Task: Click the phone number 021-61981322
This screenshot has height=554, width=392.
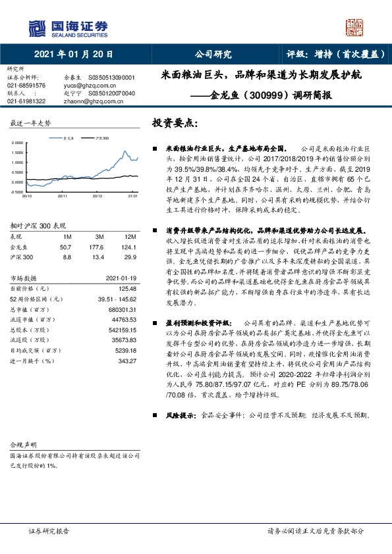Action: pos(26,101)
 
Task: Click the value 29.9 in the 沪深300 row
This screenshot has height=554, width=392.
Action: pos(130,257)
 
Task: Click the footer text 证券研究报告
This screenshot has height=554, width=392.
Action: pos(49,530)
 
